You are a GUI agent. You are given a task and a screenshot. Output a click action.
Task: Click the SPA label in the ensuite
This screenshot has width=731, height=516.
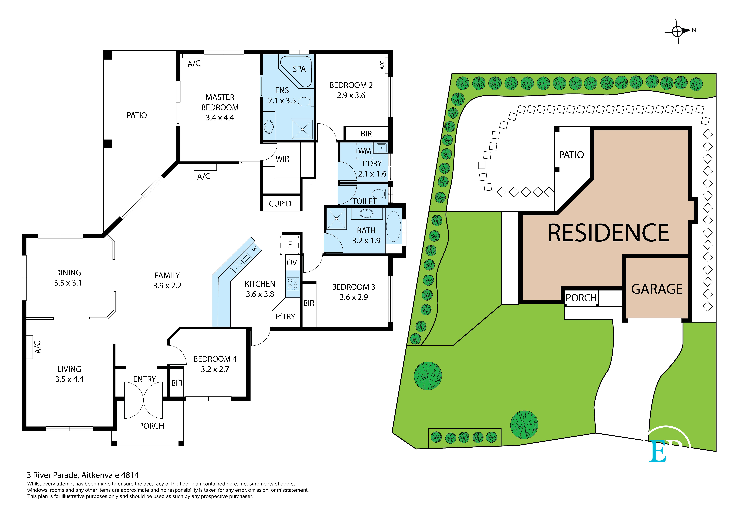299,69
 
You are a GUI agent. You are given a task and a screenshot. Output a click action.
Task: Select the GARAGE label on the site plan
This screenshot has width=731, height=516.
657,289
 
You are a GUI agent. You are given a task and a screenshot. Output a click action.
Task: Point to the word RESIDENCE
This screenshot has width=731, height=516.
608,233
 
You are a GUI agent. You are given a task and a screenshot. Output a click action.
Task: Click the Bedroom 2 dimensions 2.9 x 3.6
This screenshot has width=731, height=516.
351,95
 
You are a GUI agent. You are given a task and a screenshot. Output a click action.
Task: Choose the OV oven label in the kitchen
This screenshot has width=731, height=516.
292,263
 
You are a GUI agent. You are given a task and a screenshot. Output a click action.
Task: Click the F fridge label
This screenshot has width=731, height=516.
290,245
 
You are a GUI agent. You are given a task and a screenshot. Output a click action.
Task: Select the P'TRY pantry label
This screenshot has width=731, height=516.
285,317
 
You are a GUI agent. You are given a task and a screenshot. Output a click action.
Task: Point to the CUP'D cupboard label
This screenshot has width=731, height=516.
280,204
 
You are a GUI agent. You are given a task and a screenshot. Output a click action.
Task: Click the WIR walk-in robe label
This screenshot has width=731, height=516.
282,159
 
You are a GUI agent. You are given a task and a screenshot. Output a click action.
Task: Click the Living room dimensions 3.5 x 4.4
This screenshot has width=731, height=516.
69,379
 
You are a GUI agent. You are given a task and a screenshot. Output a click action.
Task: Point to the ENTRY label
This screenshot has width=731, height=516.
145,379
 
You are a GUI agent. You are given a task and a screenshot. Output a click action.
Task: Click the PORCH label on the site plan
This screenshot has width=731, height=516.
581,298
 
